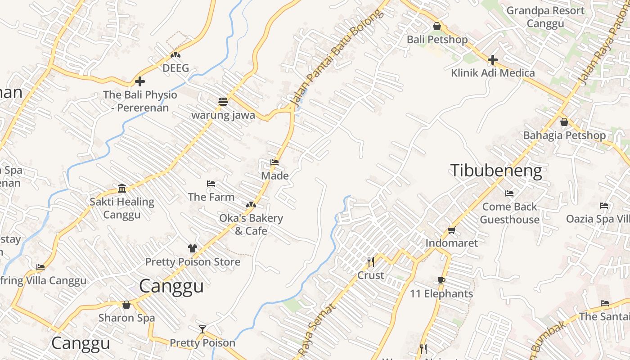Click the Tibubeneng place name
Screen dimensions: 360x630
[496, 171]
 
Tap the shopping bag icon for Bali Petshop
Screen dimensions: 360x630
[436, 27]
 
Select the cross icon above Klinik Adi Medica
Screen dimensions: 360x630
[493, 59]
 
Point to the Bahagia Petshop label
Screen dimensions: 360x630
[564, 135]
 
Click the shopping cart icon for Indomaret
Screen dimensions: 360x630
[451, 230]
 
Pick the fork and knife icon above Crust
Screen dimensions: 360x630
[371, 261]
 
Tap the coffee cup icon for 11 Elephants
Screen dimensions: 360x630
[441, 281]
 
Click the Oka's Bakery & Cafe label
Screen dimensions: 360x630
[251, 225]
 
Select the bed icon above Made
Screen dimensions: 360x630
[274, 162]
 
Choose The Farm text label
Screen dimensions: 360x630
[211, 197]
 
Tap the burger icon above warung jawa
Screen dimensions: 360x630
[223, 102]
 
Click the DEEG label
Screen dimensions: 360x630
[175, 68]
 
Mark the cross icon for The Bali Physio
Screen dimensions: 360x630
[140, 81]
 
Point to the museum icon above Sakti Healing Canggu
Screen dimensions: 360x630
[122, 188]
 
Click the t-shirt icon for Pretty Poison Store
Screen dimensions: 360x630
[193, 248]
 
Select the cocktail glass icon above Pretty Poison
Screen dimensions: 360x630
[202, 329]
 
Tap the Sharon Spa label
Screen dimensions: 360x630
[126, 318]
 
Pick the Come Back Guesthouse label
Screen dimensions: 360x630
[509, 213]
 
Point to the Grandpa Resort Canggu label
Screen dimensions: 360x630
[545, 17]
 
